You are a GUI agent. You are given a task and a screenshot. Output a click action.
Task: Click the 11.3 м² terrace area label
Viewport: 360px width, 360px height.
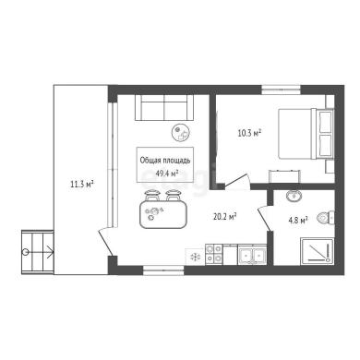pos(82,185)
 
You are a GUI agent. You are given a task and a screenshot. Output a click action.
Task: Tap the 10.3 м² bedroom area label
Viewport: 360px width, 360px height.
pos(249,133)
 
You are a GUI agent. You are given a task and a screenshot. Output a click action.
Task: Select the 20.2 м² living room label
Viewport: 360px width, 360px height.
pos(224,217)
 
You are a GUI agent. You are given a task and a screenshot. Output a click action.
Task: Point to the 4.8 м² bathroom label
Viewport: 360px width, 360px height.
pos(298,221)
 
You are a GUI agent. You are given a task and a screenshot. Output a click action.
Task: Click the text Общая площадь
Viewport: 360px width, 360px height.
pos(165,161)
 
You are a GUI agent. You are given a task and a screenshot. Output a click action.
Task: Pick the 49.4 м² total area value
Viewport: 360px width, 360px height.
pos(167,174)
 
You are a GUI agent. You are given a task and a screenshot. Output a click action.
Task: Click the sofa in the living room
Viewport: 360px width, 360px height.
pos(164,107)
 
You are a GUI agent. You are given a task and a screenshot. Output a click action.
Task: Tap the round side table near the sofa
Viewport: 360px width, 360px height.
pos(181,132)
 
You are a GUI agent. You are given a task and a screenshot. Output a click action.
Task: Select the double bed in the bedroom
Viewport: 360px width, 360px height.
pos(306,134)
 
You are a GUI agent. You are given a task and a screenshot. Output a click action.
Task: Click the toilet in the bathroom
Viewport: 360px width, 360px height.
pos(326,218)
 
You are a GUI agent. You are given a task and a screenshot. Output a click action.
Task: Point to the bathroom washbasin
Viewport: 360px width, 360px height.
pos(294,195)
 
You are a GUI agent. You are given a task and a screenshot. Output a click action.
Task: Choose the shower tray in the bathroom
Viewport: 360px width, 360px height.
pos(318,251)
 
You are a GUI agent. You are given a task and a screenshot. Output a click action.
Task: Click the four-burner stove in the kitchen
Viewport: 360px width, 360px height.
pos(213,254)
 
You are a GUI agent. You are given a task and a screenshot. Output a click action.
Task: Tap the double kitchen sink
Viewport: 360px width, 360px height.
pos(252,255)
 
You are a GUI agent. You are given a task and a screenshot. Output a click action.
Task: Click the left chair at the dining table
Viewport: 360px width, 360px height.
pos(151,196)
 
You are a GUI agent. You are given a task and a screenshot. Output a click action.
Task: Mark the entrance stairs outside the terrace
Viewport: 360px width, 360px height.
pos(38,252)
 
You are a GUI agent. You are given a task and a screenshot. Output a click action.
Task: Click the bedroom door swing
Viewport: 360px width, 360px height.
pos(237,181)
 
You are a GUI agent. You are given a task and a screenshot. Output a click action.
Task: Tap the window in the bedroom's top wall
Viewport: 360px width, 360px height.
pos(281,90)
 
